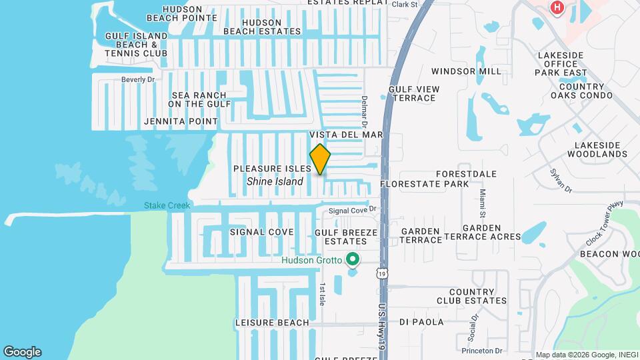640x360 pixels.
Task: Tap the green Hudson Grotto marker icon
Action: (353, 259)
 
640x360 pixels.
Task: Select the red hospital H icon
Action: (555, 7)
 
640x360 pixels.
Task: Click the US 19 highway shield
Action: (381, 273)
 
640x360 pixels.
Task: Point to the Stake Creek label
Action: (167, 205)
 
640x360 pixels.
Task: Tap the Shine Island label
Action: (275, 181)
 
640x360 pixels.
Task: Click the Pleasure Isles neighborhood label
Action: (272, 169)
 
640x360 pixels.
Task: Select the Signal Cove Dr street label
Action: (353, 209)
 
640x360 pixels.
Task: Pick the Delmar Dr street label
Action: (365, 111)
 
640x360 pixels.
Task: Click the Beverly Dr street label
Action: (138, 79)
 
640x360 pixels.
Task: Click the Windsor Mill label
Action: (466, 71)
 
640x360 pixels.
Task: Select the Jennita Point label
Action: (181, 122)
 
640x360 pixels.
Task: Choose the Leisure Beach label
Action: (272, 323)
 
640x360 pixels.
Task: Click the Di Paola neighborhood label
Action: (421, 322)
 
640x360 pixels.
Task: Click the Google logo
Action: (22, 351)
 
